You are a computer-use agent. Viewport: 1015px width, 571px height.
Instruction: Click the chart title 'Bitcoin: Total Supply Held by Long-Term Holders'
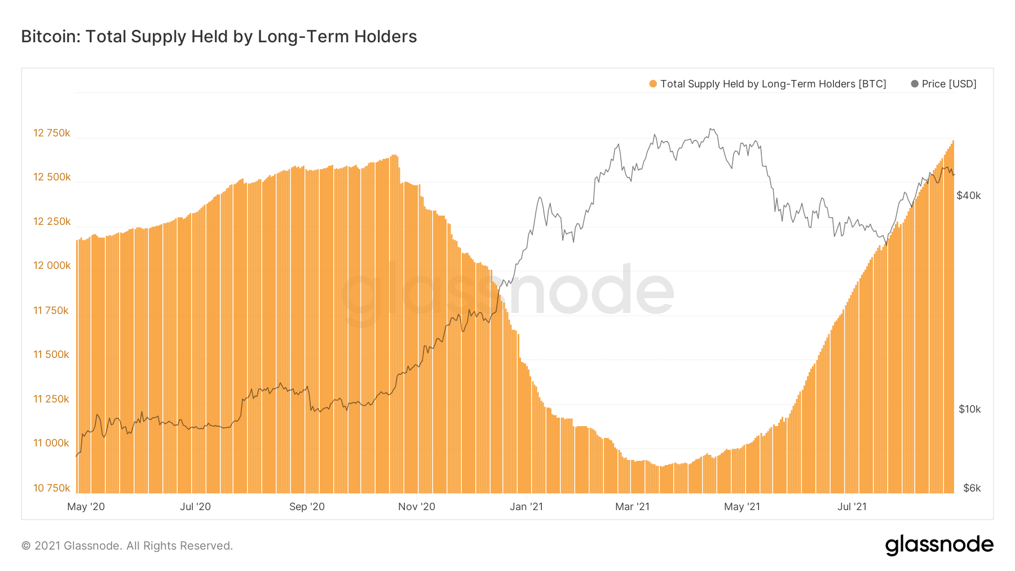tap(219, 37)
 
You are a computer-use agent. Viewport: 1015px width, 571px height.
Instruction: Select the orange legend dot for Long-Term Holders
tap(653, 84)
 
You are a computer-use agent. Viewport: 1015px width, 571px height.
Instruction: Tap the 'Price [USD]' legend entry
tap(948, 84)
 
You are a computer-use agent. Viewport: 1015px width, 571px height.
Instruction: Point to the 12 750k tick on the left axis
tap(52, 133)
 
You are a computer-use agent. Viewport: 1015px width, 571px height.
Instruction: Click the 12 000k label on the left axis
tap(52, 265)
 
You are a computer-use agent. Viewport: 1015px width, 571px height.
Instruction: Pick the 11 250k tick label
tap(51, 399)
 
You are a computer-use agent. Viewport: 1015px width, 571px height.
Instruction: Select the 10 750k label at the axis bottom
tap(52, 488)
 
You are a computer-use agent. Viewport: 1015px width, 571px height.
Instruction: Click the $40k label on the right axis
tap(969, 196)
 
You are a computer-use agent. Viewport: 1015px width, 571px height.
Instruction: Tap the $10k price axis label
tap(969, 409)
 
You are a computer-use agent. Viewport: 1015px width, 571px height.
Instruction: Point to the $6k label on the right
tap(972, 488)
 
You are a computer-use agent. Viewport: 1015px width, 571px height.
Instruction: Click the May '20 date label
tap(86, 507)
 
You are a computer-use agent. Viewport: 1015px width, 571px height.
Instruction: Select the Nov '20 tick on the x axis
tap(417, 507)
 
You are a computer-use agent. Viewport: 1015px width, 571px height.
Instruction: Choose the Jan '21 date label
tap(526, 507)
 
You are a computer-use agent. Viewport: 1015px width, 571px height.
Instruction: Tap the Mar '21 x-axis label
tap(632, 507)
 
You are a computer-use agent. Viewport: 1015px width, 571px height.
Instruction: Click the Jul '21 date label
tap(852, 507)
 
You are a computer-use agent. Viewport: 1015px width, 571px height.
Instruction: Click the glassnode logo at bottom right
tap(939, 545)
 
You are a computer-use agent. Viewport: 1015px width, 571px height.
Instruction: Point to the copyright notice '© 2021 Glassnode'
tap(127, 546)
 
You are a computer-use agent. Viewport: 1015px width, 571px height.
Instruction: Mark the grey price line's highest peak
tap(712, 129)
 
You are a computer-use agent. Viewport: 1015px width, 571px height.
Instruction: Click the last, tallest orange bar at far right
tap(952, 316)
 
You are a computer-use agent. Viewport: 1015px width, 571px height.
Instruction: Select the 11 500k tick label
tap(51, 355)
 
